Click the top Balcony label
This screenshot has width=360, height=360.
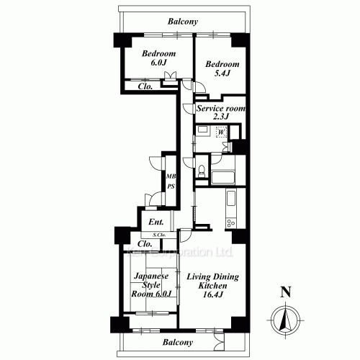pyautogui.click(x=182, y=22)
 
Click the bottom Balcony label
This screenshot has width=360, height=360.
pyautogui.click(x=176, y=343)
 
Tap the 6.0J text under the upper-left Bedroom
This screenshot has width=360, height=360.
pyautogui.click(x=158, y=63)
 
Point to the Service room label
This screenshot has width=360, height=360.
pyautogui.click(x=220, y=109)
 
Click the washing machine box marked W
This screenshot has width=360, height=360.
pyautogui.click(x=222, y=132)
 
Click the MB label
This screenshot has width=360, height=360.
pyautogui.click(x=171, y=176)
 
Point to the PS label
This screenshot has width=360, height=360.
pyautogui.click(x=171, y=186)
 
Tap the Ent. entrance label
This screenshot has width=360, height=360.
pyautogui.click(x=157, y=222)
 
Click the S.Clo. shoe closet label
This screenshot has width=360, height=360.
pyautogui.click(x=159, y=235)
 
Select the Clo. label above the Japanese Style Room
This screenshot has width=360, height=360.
pyautogui.click(x=145, y=245)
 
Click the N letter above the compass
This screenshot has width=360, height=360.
pyautogui.click(x=286, y=292)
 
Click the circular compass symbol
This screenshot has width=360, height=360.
pyautogui.click(x=286, y=318)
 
